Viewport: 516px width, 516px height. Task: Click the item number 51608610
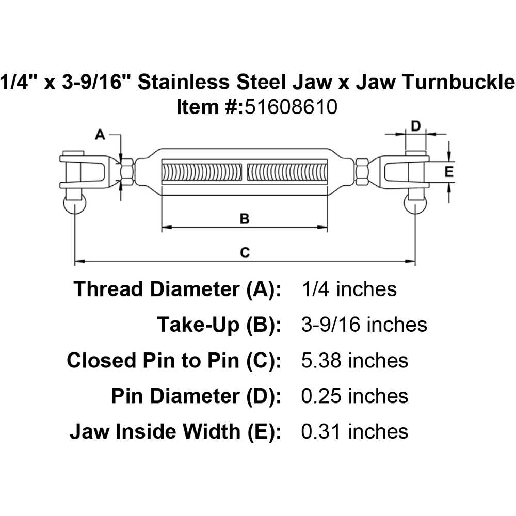291,107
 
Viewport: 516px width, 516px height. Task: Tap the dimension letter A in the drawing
101,135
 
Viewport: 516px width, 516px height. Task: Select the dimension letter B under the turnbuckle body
245,219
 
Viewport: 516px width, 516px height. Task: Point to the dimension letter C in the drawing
245,252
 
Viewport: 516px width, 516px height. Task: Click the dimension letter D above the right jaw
416,125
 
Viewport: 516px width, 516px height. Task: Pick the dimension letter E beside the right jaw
449,172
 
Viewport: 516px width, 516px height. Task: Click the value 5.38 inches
354,360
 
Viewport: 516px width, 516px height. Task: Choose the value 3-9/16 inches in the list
364,325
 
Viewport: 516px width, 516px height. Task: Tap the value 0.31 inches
354,431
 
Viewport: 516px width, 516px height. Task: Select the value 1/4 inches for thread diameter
349,289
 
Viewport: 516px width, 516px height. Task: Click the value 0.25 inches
354,396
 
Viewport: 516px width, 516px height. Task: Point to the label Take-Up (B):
219,325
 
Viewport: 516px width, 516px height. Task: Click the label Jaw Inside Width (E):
175,431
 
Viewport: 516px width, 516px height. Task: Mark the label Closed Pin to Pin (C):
174,360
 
